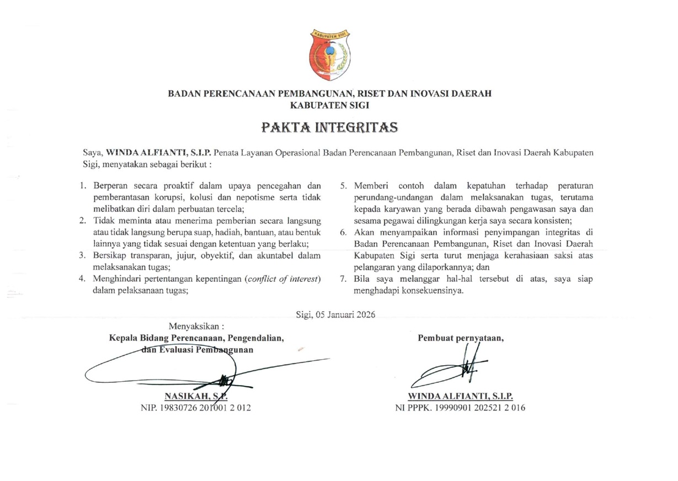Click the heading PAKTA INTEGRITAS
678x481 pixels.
coord(329,127)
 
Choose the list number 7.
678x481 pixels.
coord(343,279)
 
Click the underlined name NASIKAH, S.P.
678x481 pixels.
coord(196,396)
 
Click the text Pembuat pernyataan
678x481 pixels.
coord(461,338)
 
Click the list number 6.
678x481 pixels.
coord(343,233)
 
